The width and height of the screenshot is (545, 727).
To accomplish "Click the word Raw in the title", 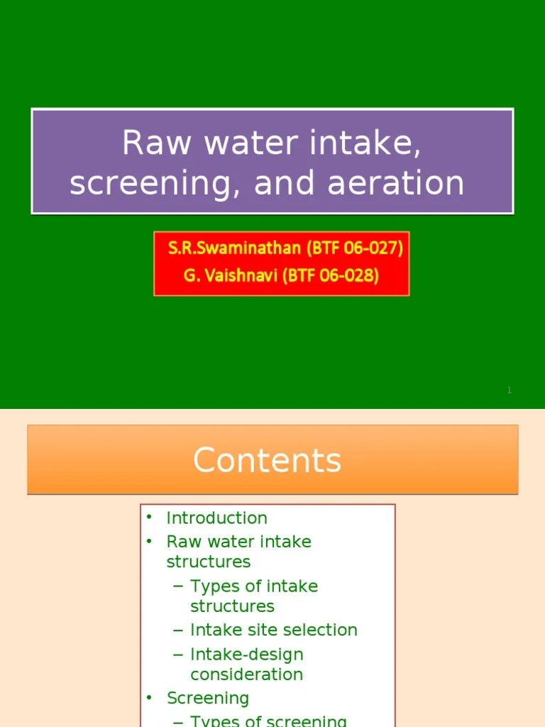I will (x=157, y=143).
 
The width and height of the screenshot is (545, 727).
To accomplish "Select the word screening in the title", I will (x=148, y=183).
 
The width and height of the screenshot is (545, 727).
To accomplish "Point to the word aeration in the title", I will (x=395, y=183).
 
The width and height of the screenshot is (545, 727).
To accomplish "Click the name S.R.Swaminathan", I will (x=235, y=248).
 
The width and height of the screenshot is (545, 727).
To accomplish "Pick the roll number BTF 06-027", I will (x=355, y=248).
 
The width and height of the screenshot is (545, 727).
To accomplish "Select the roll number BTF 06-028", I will (x=331, y=275).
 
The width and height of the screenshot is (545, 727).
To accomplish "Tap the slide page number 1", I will (x=509, y=390).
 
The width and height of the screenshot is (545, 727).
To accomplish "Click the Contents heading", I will (x=267, y=460).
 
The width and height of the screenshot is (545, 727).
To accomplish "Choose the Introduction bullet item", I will (x=216, y=518).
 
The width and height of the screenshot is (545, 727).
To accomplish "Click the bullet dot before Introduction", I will (x=150, y=518).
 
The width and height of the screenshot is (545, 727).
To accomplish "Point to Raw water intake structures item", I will (x=238, y=552).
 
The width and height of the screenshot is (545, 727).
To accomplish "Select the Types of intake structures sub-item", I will (x=253, y=596).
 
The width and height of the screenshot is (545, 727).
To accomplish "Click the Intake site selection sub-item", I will (x=273, y=630).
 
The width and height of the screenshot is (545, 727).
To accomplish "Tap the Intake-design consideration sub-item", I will (x=246, y=665).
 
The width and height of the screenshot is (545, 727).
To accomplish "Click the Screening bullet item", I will (x=207, y=699).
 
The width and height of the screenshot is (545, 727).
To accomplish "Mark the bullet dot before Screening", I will (x=150, y=698).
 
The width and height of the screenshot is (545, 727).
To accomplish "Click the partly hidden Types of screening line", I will (x=268, y=721).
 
